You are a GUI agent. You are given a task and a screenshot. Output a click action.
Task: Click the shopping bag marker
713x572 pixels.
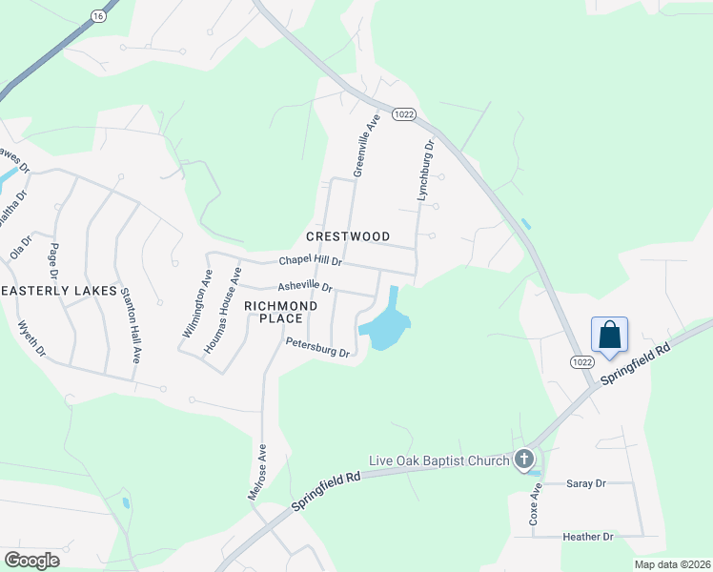pyautogui.click(x=609, y=336)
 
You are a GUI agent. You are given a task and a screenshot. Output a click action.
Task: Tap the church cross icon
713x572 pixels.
pyautogui.click(x=523, y=460)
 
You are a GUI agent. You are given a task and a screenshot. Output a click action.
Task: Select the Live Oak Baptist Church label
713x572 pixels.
pyautogui.click(x=441, y=461)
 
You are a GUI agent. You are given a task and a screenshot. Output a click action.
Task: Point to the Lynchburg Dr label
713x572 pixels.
pyautogui.click(x=425, y=171)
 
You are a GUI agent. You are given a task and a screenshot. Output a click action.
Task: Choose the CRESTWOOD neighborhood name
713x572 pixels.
pyautogui.click(x=348, y=235)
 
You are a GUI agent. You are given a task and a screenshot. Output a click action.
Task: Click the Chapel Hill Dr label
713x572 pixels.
pyautogui.click(x=310, y=261)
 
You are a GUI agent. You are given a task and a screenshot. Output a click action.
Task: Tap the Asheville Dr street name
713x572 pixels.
pyautogui.click(x=304, y=286)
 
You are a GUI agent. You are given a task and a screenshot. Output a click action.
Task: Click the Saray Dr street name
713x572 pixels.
pyautogui.click(x=586, y=484)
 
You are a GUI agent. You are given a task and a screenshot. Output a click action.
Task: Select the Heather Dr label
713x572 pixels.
pyautogui.click(x=588, y=538)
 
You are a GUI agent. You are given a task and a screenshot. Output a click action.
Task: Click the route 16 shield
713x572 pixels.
pyautogui.click(x=97, y=16)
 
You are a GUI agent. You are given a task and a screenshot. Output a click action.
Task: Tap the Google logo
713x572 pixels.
pyautogui.click(x=31, y=560)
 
